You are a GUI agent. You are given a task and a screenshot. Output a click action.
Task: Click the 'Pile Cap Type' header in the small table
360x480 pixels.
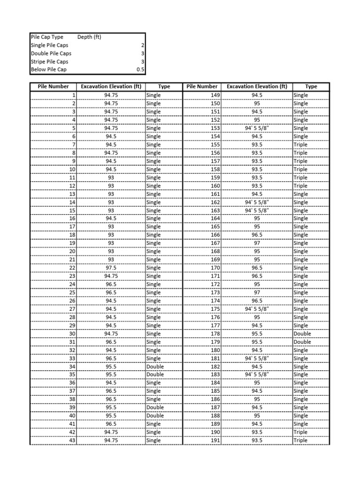(47, 37)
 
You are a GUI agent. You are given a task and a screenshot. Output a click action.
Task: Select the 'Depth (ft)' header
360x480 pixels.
(89, 37)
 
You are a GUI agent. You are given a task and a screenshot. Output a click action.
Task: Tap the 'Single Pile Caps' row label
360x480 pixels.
(49, 45)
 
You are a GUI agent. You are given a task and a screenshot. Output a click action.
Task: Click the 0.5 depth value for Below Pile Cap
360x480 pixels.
(140, 70)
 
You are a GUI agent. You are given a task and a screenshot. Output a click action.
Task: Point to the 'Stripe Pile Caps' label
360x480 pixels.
(49, 61)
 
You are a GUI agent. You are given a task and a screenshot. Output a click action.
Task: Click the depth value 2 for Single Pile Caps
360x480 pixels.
(142, 45)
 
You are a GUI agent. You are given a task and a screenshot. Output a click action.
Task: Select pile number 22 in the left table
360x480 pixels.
(72, 268)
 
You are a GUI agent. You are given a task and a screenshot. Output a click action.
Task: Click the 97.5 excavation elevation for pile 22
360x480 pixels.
(111, 268)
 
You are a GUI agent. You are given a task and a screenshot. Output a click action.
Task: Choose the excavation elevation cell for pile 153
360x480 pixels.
(257, 128)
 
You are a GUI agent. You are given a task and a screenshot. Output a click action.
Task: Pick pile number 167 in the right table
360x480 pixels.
(215, 243)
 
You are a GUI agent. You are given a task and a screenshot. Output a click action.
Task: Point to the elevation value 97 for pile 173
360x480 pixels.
(257, 292)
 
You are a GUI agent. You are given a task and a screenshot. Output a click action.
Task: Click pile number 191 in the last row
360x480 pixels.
(215, 441)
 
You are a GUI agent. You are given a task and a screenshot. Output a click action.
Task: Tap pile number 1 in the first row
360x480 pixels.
(73, 95)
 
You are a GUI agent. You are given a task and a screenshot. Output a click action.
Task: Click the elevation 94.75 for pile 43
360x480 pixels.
(111, 441)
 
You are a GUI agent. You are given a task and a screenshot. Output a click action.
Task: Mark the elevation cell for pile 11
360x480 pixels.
(111, 178)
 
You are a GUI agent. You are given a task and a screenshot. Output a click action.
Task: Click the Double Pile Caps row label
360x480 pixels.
(51, 53)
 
